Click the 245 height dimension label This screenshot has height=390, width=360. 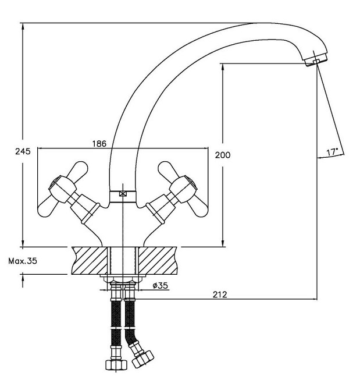coord(23,151)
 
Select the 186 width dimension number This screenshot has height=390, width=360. coord(99,144)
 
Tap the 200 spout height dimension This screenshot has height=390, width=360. coord(223,155)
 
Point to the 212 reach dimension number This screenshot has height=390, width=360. coord(220,295)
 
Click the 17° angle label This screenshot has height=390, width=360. coord(332,152)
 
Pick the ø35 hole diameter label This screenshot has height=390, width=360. coord(161,286)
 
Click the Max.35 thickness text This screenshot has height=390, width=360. coord(23,261)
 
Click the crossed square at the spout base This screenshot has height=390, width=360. coord(123,194)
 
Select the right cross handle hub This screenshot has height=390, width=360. coord(183,187)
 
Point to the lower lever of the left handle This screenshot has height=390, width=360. coord(48,208)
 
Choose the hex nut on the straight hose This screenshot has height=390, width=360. coord(116,364)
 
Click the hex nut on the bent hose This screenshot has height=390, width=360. coord(143,359)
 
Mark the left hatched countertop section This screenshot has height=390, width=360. coord(90,261)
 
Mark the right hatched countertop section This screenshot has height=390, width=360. coord(158,261)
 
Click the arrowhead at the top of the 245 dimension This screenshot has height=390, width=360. coord(23,26)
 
